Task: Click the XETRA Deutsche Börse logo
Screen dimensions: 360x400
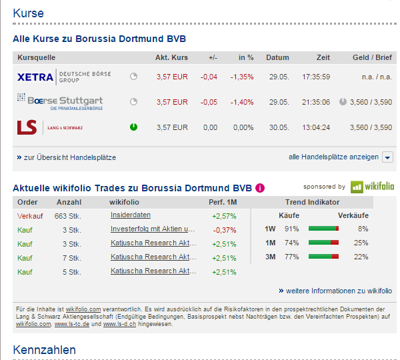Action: tap(64, 77)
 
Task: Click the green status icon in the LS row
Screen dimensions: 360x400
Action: tap(133, 127)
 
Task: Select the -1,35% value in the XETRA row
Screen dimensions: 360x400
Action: tap(242, 77)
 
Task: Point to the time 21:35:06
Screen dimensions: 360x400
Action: tap(316, 102)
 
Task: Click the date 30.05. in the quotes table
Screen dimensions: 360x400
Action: tap(278, 127)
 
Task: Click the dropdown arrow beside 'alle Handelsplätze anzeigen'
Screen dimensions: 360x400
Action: tap(387, 157)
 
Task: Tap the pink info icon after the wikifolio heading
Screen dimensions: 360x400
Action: tap(260, 187)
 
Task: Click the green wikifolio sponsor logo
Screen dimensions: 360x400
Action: tap(373, 187)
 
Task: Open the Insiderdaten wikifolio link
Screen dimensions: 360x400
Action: tap(131, 215)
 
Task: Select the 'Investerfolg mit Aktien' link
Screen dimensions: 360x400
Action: tap(153, 229)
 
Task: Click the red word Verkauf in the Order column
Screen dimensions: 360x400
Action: tap(29, 215)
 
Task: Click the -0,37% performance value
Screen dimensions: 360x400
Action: tap(224, 229)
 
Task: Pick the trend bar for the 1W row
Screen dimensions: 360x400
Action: tap(323, 229)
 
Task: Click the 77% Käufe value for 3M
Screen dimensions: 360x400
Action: tap(291, 257)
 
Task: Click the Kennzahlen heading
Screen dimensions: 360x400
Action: tap(44, 349)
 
